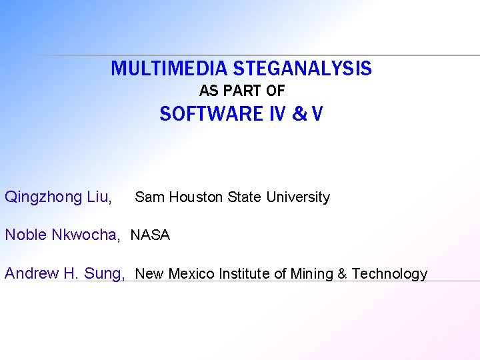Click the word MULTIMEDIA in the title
click(171, 69)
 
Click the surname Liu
click(99, 197)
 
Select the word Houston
click(197, 197)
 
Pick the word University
click(298, 197)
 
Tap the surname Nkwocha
click(86, 235)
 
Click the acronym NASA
click(151, 235)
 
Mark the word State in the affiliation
click(245, 197)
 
